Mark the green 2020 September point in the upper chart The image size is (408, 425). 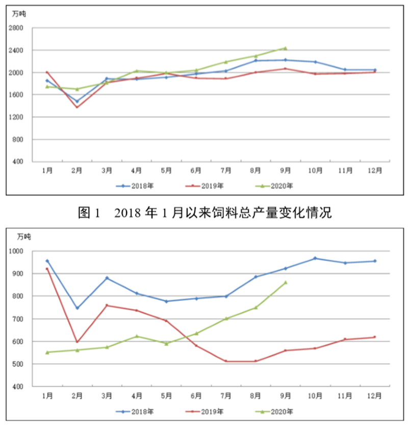[x=285, y=48]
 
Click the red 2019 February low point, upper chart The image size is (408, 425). [x=77, y=107]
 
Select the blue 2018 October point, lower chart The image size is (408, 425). [x=315, y=258]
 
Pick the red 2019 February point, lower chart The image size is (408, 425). [x=77, y=342]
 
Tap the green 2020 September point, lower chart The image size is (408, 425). [x=285, y=282]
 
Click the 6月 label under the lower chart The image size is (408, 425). [x=196, y=396]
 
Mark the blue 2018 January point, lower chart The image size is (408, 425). [x=47, y=261]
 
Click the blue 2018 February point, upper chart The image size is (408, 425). [x=77, y=101]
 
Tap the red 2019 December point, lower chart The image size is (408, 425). [x=375, y=337]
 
